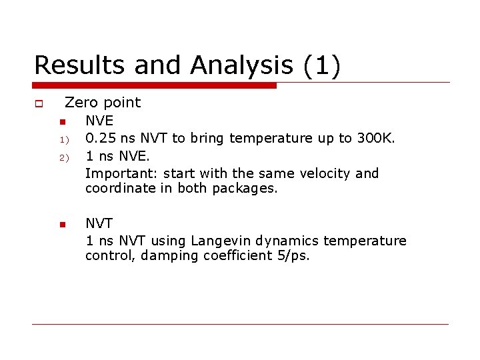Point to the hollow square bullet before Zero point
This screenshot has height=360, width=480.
point(39,103)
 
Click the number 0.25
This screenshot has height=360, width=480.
point(101,139)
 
